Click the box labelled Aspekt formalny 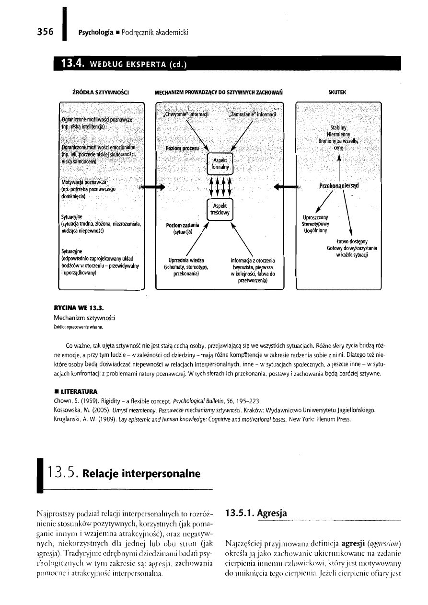click(x=219, y=163)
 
